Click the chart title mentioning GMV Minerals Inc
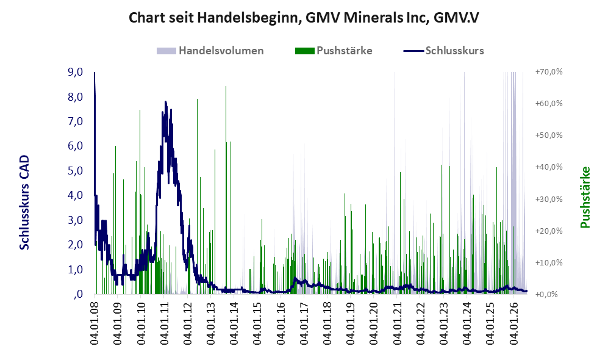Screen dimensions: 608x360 304,18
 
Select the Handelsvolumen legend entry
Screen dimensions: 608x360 210,51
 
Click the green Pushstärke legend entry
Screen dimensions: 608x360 334,51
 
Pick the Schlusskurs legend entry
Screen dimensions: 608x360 443,51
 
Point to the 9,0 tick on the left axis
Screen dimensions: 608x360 75,72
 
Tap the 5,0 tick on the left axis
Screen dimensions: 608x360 75,171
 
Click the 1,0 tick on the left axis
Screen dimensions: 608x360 75,270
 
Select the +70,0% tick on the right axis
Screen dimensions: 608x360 549,72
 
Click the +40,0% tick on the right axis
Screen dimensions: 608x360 549,167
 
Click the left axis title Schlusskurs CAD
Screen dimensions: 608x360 24,203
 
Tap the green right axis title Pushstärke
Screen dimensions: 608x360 585,198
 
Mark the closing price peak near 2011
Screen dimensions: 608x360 166,102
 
